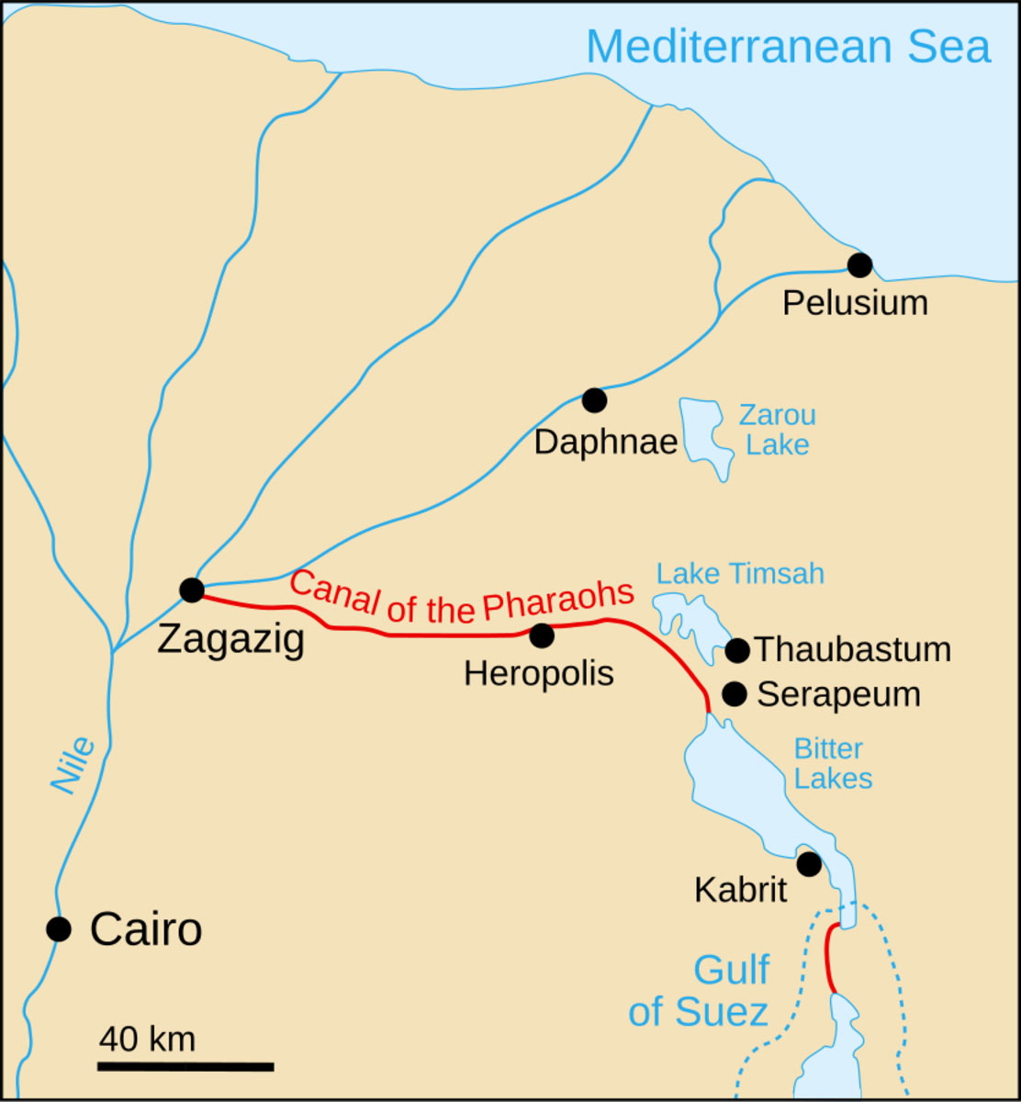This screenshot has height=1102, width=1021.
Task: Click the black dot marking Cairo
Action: [x=59, y=929]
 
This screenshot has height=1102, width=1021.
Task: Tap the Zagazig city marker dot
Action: [x=191, y=590]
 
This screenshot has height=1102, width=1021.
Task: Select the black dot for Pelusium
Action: [x=859, y=265]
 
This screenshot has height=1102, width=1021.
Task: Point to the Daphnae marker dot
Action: [x=594, y=399]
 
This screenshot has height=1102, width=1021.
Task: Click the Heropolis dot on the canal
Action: [x=542, y=635]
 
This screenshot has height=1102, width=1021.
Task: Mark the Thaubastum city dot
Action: [x=737, y=650]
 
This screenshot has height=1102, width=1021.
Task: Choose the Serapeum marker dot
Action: [x=735, y=693]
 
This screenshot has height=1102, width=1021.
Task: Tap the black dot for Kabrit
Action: [x=809, y=864]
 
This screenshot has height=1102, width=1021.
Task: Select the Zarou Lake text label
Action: [x=777, y=431]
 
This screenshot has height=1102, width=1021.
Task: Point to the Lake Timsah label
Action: [x=740, y=574]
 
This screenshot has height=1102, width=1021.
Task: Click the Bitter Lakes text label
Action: [x=831, y=763]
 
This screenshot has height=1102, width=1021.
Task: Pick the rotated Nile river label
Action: [x=73, y=765]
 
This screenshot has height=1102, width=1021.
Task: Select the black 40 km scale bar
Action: [x=185, y=1066]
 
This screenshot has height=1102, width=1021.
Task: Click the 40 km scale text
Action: [x=147, y=1040]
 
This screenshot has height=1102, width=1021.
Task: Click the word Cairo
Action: [x=146, y=930]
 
